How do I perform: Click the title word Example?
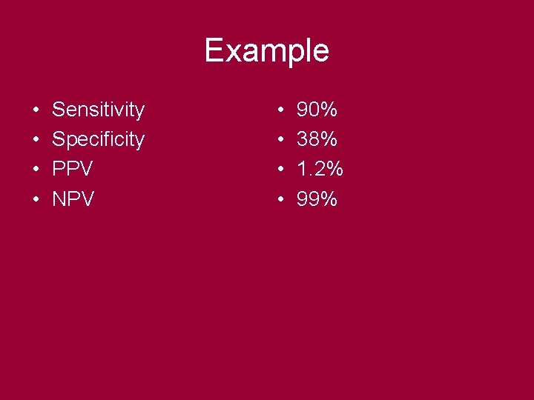coord(266,51)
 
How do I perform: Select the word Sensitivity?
coord(98,110)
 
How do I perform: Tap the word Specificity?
coord(98,139)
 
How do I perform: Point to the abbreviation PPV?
coord(72,169)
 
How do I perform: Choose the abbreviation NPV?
coord(73,199)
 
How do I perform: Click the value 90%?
coord(317,110)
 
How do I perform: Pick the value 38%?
coord(317,139)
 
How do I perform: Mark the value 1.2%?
coord(320,169)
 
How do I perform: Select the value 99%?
coord(317,199)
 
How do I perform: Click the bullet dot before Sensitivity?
coord(36,111)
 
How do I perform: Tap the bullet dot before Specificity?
coord(36,140)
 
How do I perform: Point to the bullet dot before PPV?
coord(36,170)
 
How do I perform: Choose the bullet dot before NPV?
coord(36,199)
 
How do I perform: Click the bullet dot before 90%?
coord(280,111)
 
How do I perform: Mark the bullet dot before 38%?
coord(280,140)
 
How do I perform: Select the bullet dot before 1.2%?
coord(280,170)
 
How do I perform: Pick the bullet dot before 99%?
coord(280,199)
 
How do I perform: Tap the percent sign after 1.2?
coord(334,169)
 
